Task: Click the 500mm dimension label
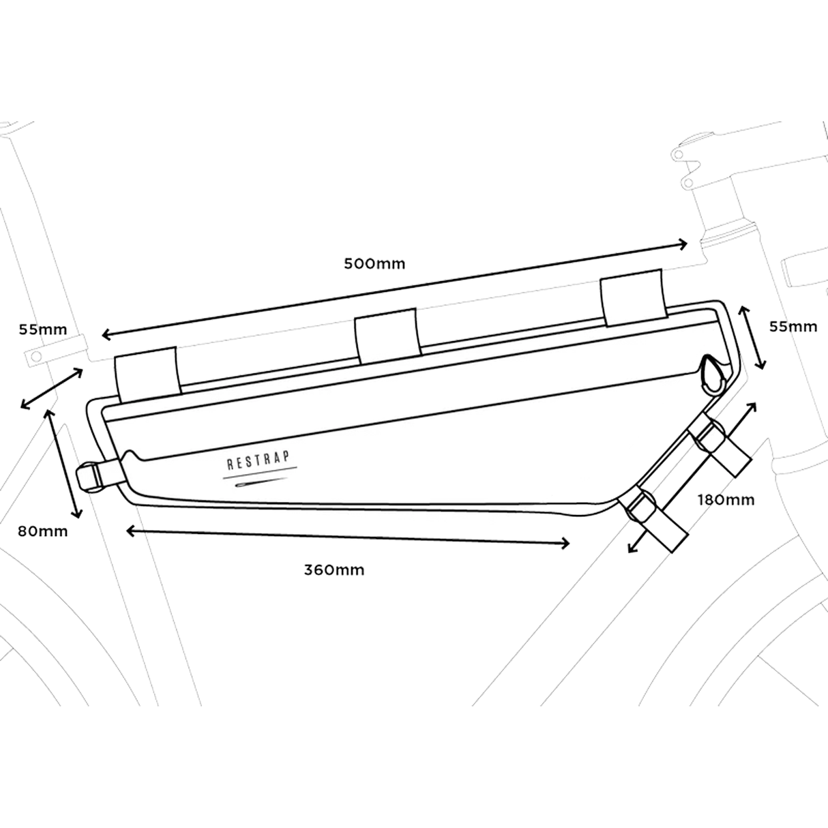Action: [374, 263]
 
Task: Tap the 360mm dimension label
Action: [334, 570]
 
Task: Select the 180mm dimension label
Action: [726, 500]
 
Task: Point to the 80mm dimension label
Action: [42, 531]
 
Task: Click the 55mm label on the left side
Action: [43, 329]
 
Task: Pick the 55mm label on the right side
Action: [793, 327]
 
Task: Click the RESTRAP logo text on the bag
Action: [259, 460]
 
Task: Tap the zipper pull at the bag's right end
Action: [712, 373]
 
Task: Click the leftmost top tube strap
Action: [148, 374]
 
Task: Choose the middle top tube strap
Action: [387, 335]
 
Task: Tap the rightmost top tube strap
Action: [634, 297]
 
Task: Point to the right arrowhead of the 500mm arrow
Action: [682, 245]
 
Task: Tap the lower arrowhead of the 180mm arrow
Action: [632, 548]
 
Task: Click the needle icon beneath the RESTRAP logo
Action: [261, 482]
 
